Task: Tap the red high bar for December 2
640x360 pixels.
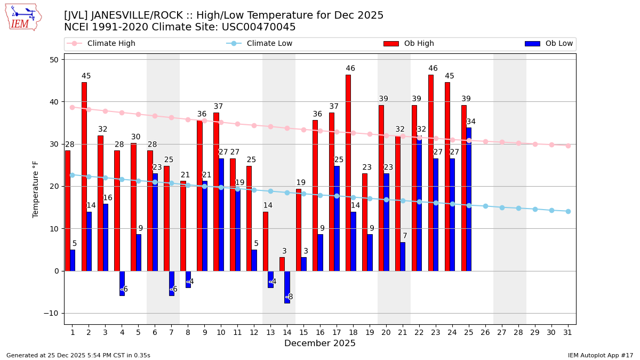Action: click(x=84, y=177)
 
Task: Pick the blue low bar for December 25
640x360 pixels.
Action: click(x=469, y=199)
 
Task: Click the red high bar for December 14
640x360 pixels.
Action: click(x=282, y=264)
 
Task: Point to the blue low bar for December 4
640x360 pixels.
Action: click(x=122, y=283)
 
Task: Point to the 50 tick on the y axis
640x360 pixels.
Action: click(x=54, y=60)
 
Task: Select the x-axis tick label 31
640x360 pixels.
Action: click(x=568, y=332)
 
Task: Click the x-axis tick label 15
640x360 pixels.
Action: click(x=303, y=332)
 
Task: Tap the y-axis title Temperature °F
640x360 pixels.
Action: click(x=36, y=189)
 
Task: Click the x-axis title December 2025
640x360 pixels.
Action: click(x=320, y=343)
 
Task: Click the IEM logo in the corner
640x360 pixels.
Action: click(x=23, y=17)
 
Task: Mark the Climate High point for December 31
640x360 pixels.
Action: click(x=568, y=146)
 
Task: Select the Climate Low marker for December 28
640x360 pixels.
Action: click(x=518, y=208)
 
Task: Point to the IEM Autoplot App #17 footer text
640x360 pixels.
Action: click(x=600, y=355)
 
